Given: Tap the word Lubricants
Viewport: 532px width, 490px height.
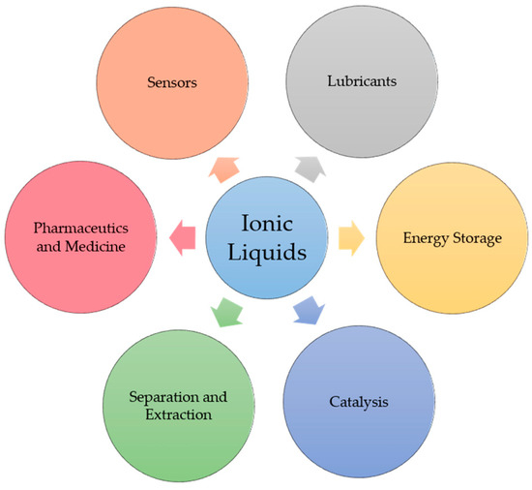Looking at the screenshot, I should tap(356, 82).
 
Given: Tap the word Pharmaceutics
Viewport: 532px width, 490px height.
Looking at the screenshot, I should tap(80, 230).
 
